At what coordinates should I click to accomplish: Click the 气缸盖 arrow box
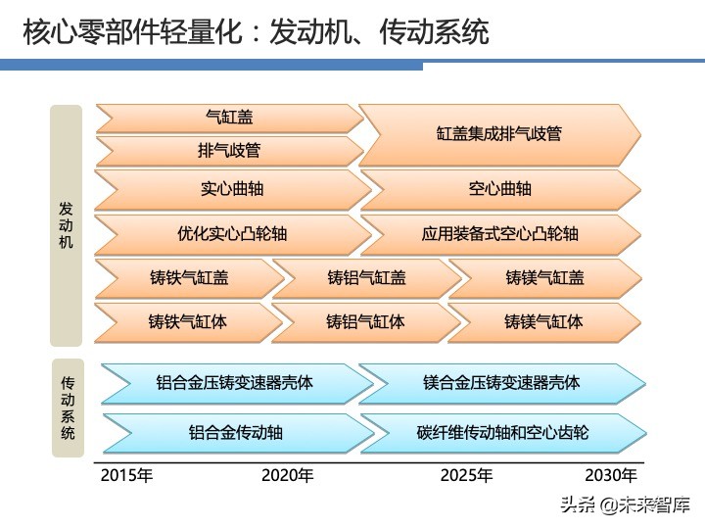(x=228, y=119)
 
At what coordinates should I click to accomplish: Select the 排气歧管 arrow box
(x=228, y=151)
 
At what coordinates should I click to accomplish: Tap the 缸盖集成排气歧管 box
(x=499, y=134)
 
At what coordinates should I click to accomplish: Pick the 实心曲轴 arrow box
(x=228, y=189)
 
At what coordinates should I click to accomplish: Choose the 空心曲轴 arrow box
(x=499, y=189)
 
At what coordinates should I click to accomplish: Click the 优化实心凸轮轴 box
(x=232, y=234)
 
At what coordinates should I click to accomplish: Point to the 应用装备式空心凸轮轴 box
(x=499, y=234)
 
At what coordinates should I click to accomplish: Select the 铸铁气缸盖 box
(x=189, y=278)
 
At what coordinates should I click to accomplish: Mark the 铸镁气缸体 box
(x=543, y=321)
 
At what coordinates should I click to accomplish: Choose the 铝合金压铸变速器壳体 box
(x=234, y=383)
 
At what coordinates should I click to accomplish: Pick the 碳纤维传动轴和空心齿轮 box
(x=501, y=432)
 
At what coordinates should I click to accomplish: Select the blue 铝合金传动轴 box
(x=234, y=432)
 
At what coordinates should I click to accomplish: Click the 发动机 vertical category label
(x=66, y=225)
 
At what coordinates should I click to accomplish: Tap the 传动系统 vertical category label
(x=66, y=407)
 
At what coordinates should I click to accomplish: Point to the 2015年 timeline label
(x=127, y=476)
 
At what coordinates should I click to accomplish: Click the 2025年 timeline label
(x=466, y=476)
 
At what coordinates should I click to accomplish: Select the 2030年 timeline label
(x=611, y=476)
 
